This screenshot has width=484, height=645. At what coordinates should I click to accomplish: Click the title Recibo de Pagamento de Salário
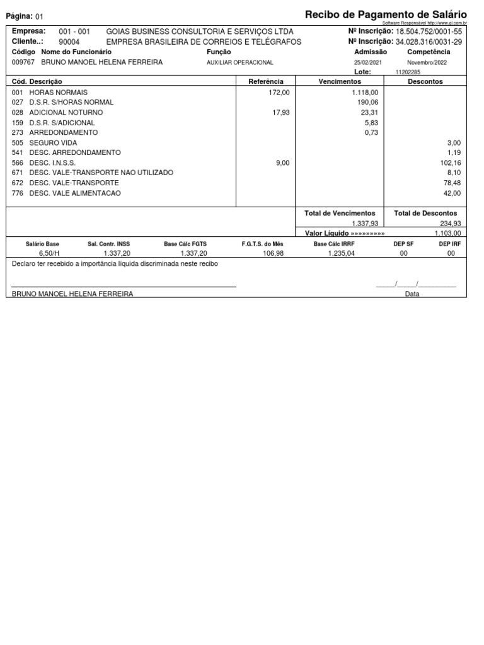(x=386, y=14)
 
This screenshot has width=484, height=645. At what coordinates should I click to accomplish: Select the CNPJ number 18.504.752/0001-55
(x=429, y=31)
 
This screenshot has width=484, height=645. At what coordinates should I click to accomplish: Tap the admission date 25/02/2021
(x=367, y=62)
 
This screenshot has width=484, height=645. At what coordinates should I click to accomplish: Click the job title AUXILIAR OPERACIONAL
(x=240, y=62)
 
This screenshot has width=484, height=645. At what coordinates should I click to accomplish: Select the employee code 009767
(x=24, y=62)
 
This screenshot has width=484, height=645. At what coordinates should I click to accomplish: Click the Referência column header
(x=266, y=81)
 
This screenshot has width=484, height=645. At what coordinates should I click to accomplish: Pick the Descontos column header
(x=425, y=81)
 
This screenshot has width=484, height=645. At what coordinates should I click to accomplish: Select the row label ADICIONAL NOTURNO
(x=66, y=112)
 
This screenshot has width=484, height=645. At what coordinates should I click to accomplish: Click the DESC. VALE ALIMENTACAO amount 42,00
(x=452, y=193)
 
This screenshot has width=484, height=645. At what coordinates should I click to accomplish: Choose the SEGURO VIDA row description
(x=53, y=143)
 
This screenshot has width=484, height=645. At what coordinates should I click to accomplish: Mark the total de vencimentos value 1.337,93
(x=365, y=223)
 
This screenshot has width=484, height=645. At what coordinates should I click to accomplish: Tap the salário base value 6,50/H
(x=49, y=253)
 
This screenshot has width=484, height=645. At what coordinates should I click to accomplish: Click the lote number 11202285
(x=408, y=72)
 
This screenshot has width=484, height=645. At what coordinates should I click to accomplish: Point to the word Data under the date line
(x=412, y=294)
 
